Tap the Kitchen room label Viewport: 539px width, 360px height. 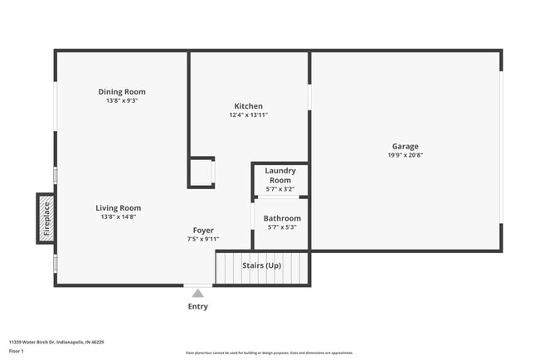click(248, 106)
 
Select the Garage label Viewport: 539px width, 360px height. click(405, 146)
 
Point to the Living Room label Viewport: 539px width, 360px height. click(118, 207)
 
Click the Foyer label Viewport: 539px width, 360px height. click(203, 230)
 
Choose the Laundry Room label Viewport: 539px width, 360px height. click(280, 175)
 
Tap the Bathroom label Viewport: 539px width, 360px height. click(282, 218)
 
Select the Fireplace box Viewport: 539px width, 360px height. click(46, 218)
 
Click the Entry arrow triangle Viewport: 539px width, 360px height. click(197, 292)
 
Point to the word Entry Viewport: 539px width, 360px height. click(197, 307)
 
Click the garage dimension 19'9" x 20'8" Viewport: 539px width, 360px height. click(405, 155)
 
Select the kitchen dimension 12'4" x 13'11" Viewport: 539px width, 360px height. click(248, 115)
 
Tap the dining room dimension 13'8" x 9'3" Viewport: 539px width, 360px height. click(121, 100)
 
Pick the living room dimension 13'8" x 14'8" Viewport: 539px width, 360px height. click(118, 216)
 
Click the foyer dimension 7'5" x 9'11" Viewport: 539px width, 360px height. click(203, 239)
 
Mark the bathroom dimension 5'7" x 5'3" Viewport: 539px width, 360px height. click(282, 227)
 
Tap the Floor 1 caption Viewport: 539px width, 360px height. click(17, 351)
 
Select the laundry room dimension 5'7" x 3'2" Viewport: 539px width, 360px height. click(280, 189)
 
